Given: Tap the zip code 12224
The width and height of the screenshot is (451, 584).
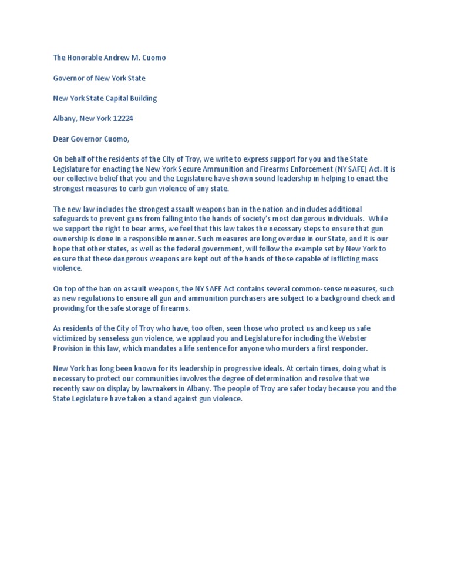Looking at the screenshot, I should [x=123, y=118].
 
